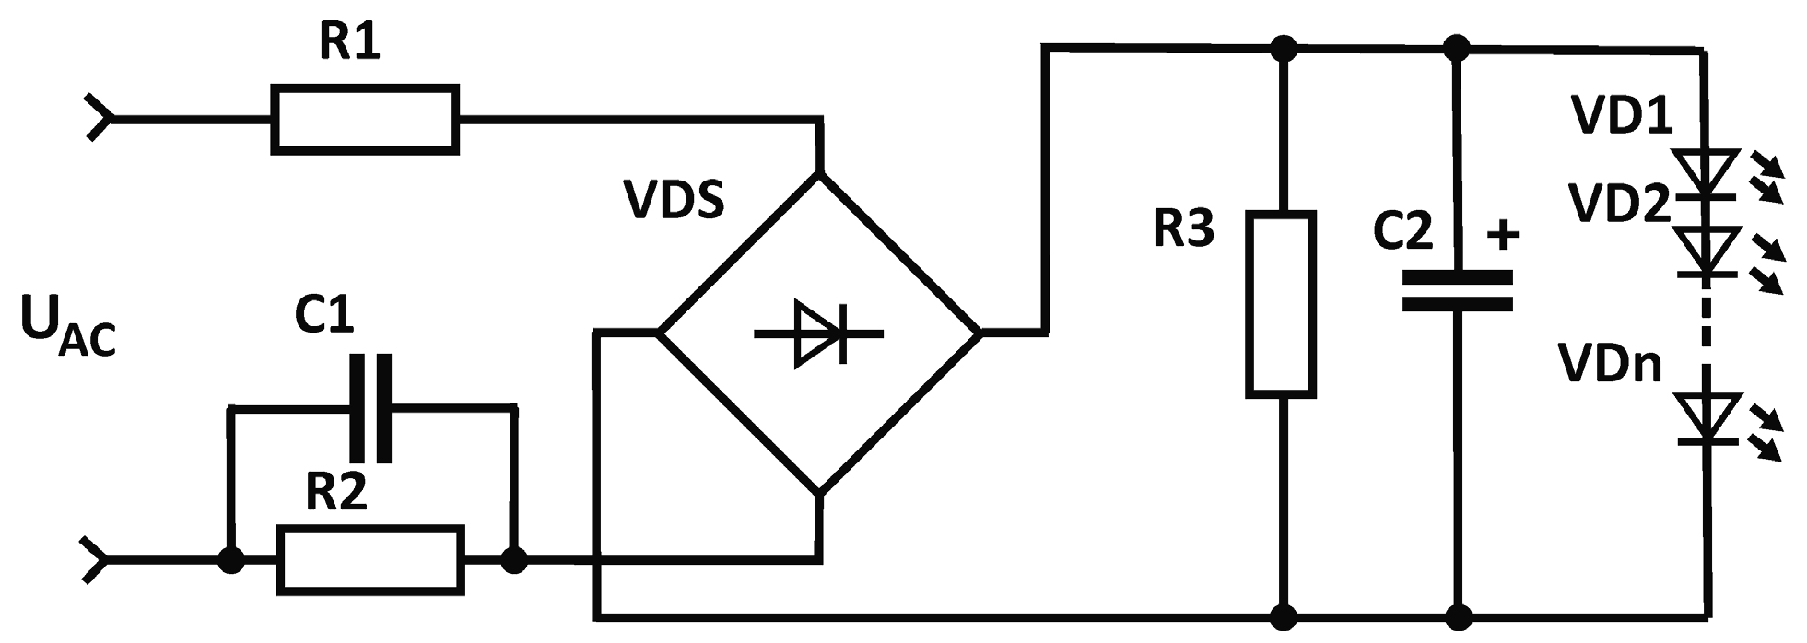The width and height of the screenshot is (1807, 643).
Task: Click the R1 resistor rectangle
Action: pyautogui.click(x=365, y=119)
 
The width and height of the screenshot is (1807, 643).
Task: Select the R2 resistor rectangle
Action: pyautogui.click(x=370, y=558)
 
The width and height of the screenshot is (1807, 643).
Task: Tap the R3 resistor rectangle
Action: pyautogui.click(x=1281, y=304)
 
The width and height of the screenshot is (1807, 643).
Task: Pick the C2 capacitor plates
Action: pyautogui.click(x=1457, y=291)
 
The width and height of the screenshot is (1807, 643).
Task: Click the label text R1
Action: pyautogui.click(x=350, y=44)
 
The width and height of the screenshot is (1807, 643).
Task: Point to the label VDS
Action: pyautogui.click(x=674, y=201)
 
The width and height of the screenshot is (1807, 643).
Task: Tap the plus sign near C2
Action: pyautogui.click(x=1503, y=236)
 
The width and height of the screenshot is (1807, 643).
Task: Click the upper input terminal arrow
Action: pyautogui.click(x=98, y=119)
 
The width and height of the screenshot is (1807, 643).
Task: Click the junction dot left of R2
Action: pyautogui.click(x=230, y=558)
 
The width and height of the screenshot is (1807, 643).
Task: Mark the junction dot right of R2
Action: pyautogui.click(x=513, y=558)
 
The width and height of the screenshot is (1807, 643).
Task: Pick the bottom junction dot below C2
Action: pyautogui.click(x=1457, y=614)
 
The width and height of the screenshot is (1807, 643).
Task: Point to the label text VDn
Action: pyautogui.click(x=1610, y=364)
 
